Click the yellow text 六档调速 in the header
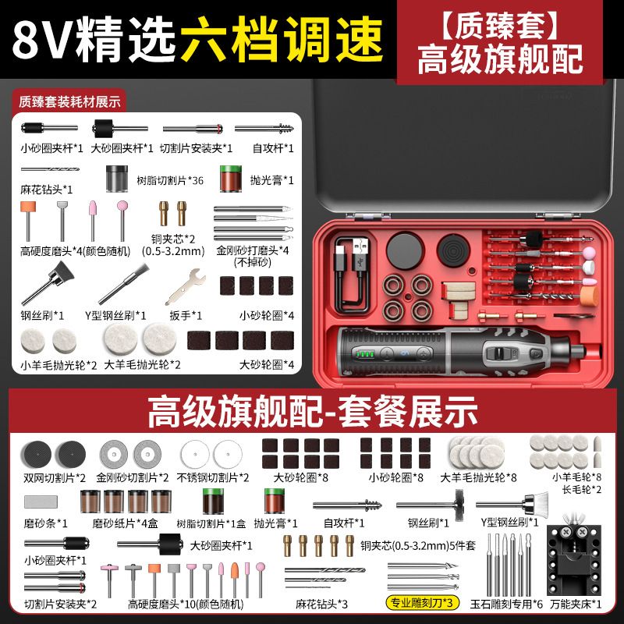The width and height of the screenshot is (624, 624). [282, 40]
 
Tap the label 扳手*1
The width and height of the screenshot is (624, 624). [186, 316]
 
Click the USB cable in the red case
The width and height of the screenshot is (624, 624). [352, 275]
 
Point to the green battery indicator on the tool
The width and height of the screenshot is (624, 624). [365, 354]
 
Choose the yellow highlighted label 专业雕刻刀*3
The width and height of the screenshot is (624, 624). [422, 602]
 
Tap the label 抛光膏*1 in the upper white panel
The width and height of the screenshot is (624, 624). [271, 180]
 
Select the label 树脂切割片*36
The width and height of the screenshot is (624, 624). [170, 181]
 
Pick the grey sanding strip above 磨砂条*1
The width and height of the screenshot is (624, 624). [41, 502]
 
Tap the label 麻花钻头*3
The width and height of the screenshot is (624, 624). [321, 604]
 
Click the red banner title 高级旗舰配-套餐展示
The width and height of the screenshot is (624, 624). [313, 412]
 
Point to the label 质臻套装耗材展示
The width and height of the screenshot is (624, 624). [69, 102]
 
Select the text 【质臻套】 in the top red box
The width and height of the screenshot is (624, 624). [500, 26]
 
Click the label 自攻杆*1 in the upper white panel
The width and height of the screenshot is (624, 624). [274, 148]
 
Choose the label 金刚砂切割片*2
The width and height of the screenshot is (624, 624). [133, 477]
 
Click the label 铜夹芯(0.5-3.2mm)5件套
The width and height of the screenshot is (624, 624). [418, 545]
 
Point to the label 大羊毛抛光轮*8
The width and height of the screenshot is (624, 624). [478, 477]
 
